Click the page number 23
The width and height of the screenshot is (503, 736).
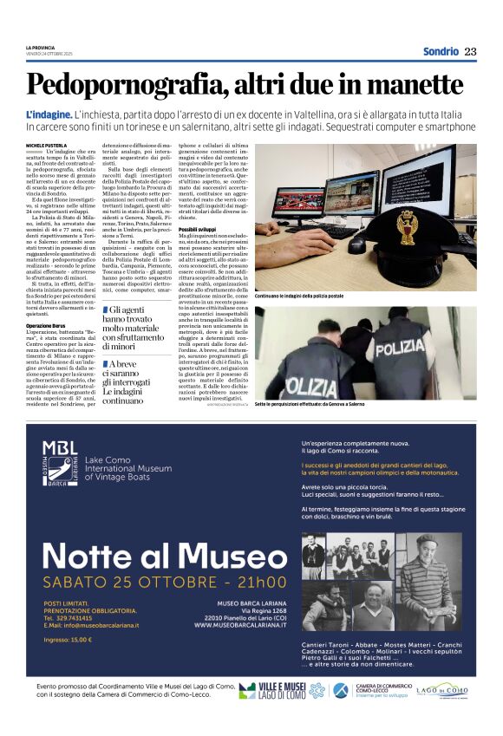coord(471,51)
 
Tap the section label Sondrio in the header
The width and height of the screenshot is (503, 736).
coord(441,51)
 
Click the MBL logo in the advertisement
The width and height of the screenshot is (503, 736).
coord(62,467)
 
